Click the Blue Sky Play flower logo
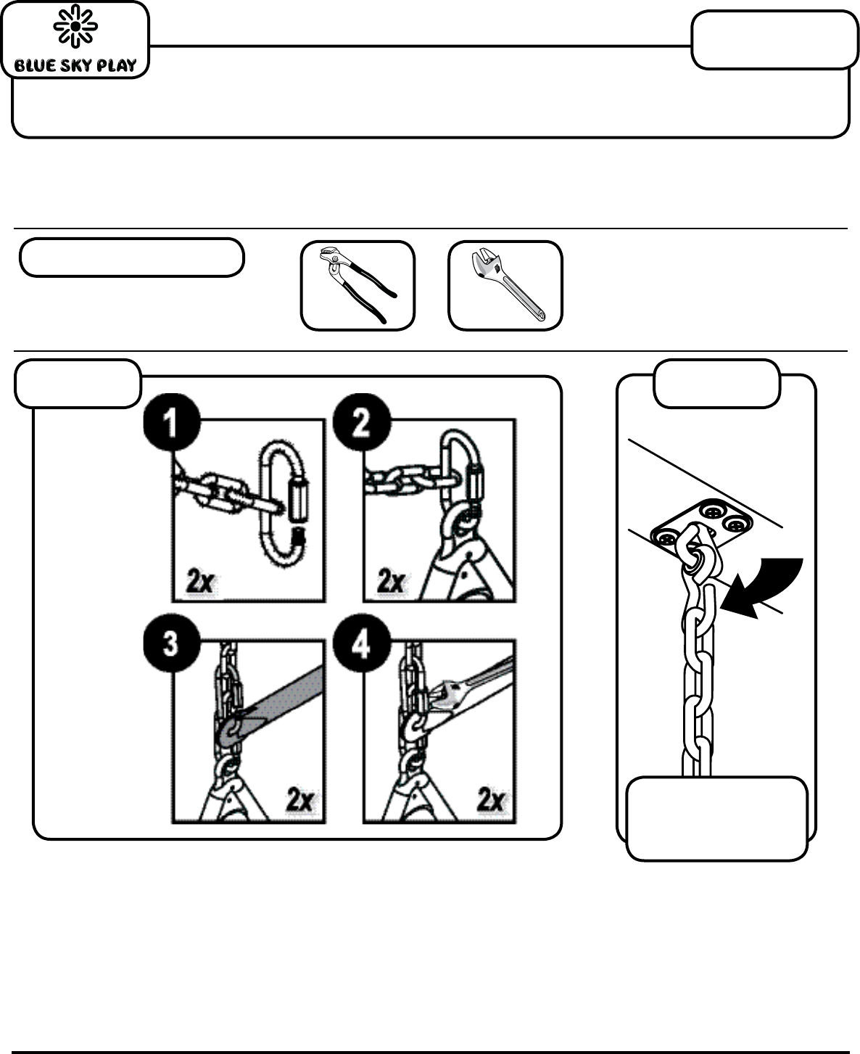pyautogui.click(x=75, y=26)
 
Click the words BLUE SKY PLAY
pyautogui.click(x=75, y=65)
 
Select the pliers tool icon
pyautogui.click(x=357, y=285)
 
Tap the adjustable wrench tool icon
pyautogui.click(x=505, y=285)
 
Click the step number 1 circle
pyautogui.click(x=172, y=422)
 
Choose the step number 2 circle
pyautogui.click(x=362, y=422)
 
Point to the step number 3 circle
pyautogui.click(x=172, y=643)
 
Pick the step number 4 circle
pyautogui.click(x=362, y=643)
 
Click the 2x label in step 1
pyautogui.click(x=201, y=581)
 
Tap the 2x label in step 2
pyautogui.click(x=392, y=581)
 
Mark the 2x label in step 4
pyautogui.click(x=491, y=799)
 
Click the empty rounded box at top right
pyautogui.click(x=775, y=39)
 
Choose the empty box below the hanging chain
pyautogui.click(x=717, y=818)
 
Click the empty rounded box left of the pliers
pyautogui.click(x=132, y=258)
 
